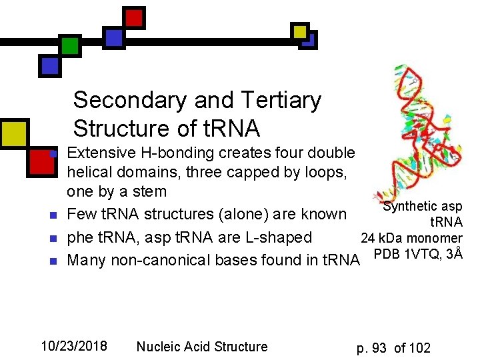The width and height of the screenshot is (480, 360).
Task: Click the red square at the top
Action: [x=134, y=17]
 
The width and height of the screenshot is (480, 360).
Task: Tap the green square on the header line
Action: [x=69, y=45]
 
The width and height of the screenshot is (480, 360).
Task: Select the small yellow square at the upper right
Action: [x=301, y=31]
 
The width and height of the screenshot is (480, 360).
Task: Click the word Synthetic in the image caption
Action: [x=411, y=207]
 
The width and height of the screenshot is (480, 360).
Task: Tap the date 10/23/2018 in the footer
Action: [x=74, y=346]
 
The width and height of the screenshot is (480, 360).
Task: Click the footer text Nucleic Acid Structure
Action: [x=202, y=347]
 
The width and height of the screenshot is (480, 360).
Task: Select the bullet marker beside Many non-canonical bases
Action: [x=51, y=260]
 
